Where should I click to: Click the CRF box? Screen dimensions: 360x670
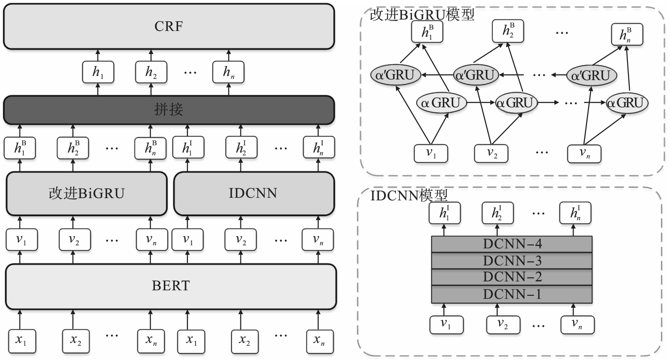pyautogui.click(x=168, y=26)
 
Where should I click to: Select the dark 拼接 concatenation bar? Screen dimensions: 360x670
pyautogui.click(x=168, y=109)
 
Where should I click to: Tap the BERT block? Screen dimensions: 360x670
pyautogui.click(x=170, y=286)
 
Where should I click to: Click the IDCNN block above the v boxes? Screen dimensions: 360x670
pyautogui.click(x=253, y=194)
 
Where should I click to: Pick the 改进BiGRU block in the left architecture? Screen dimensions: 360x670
pyautogui.click(x=86, y=194)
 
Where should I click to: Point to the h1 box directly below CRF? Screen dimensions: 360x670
pyautogui.click(x=98, y=72)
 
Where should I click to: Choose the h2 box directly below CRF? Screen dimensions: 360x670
pyautogui.click(x=151, y=72)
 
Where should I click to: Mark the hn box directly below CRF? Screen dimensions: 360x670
pyautogui.click(x=228, y=72)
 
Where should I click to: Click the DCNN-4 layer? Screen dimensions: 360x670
pyautogui.click(x=512, y=244)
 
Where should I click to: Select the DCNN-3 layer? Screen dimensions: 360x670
pyautogui.click(x=512, y=260)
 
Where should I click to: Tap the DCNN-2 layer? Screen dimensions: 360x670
pyautogui.click(x=512, y=277)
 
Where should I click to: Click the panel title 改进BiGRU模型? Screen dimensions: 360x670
pyautogui.click(x=422, y=15)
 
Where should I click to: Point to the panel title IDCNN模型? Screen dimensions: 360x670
pyautogui.click(x=409, y=195)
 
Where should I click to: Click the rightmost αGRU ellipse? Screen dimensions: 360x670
pyautogui.click(x=627, y=103)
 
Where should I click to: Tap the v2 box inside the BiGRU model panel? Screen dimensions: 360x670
pyautogui.click(x=491, y=153)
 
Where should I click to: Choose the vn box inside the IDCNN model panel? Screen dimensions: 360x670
pyautogui.click(x=577, y=324)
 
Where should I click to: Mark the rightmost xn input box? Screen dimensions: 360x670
pyautogui.click(x=318, y=341)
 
